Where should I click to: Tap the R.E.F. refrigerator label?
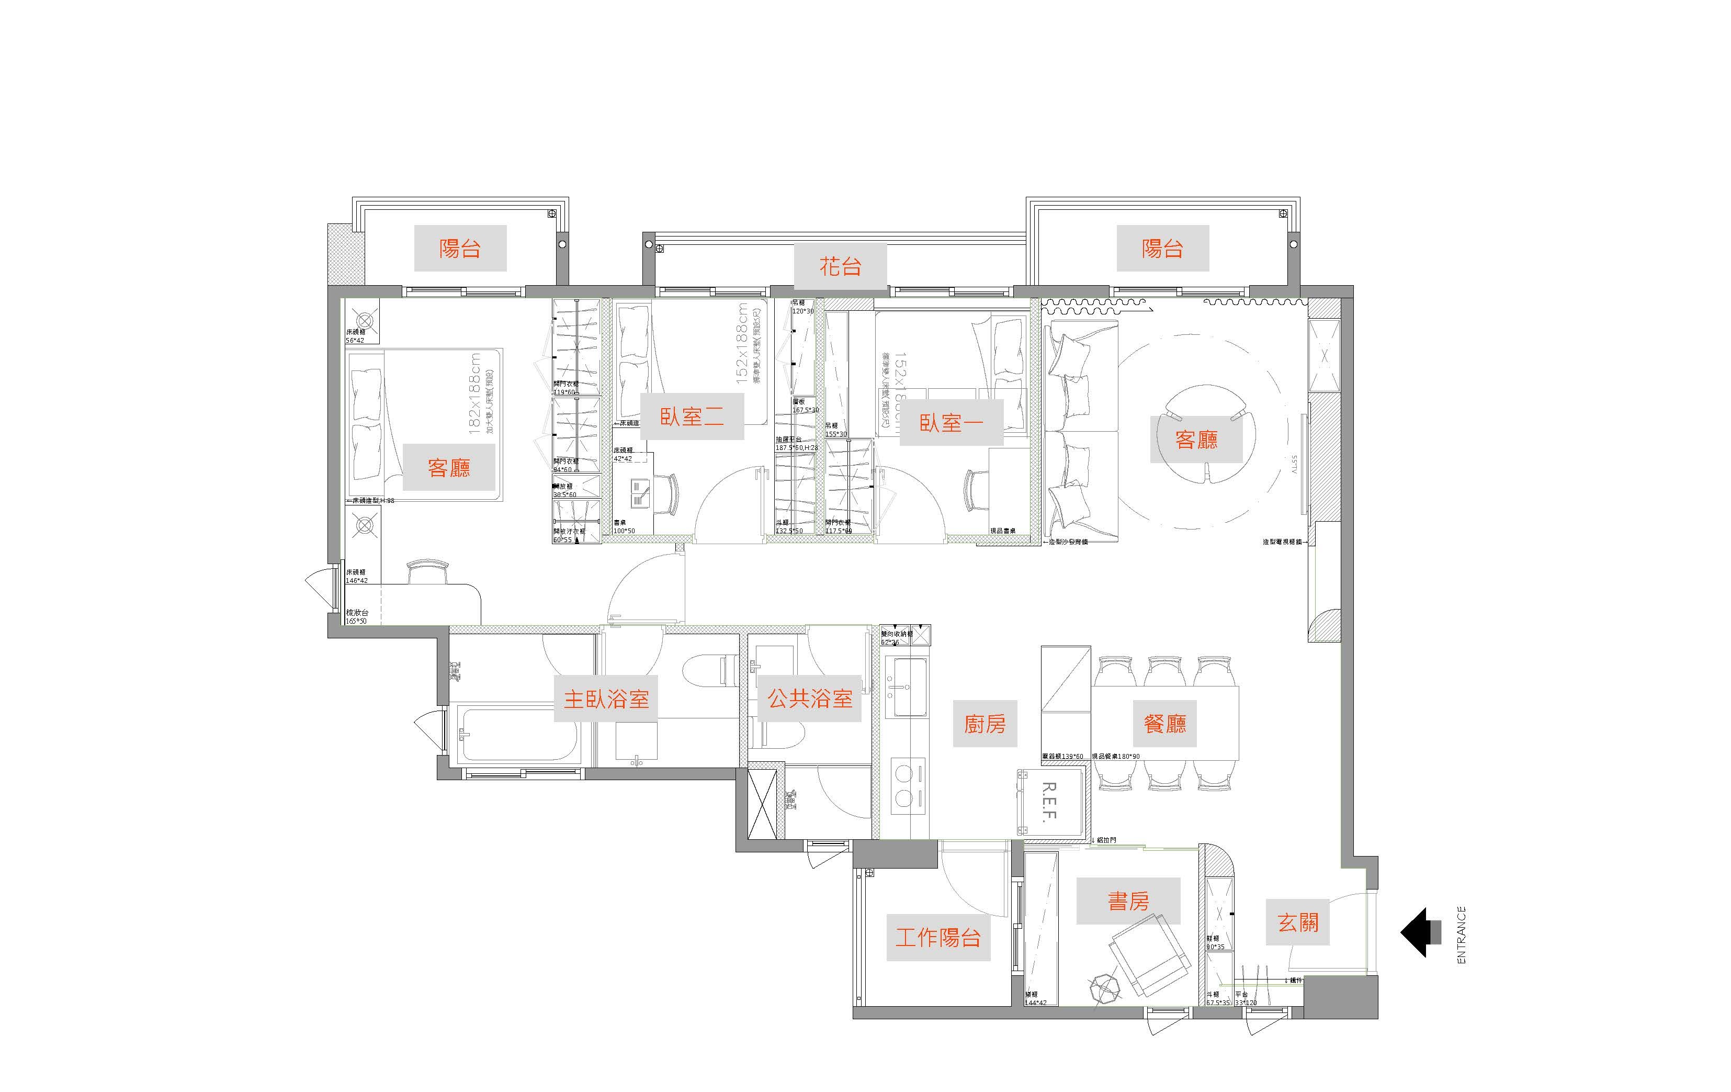1049,802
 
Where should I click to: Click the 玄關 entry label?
1297,922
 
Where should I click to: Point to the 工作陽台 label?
938,938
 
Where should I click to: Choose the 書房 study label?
1128,901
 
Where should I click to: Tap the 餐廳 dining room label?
1164,723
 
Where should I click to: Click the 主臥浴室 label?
605,699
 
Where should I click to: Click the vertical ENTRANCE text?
1461,935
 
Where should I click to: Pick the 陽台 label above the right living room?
1162,248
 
